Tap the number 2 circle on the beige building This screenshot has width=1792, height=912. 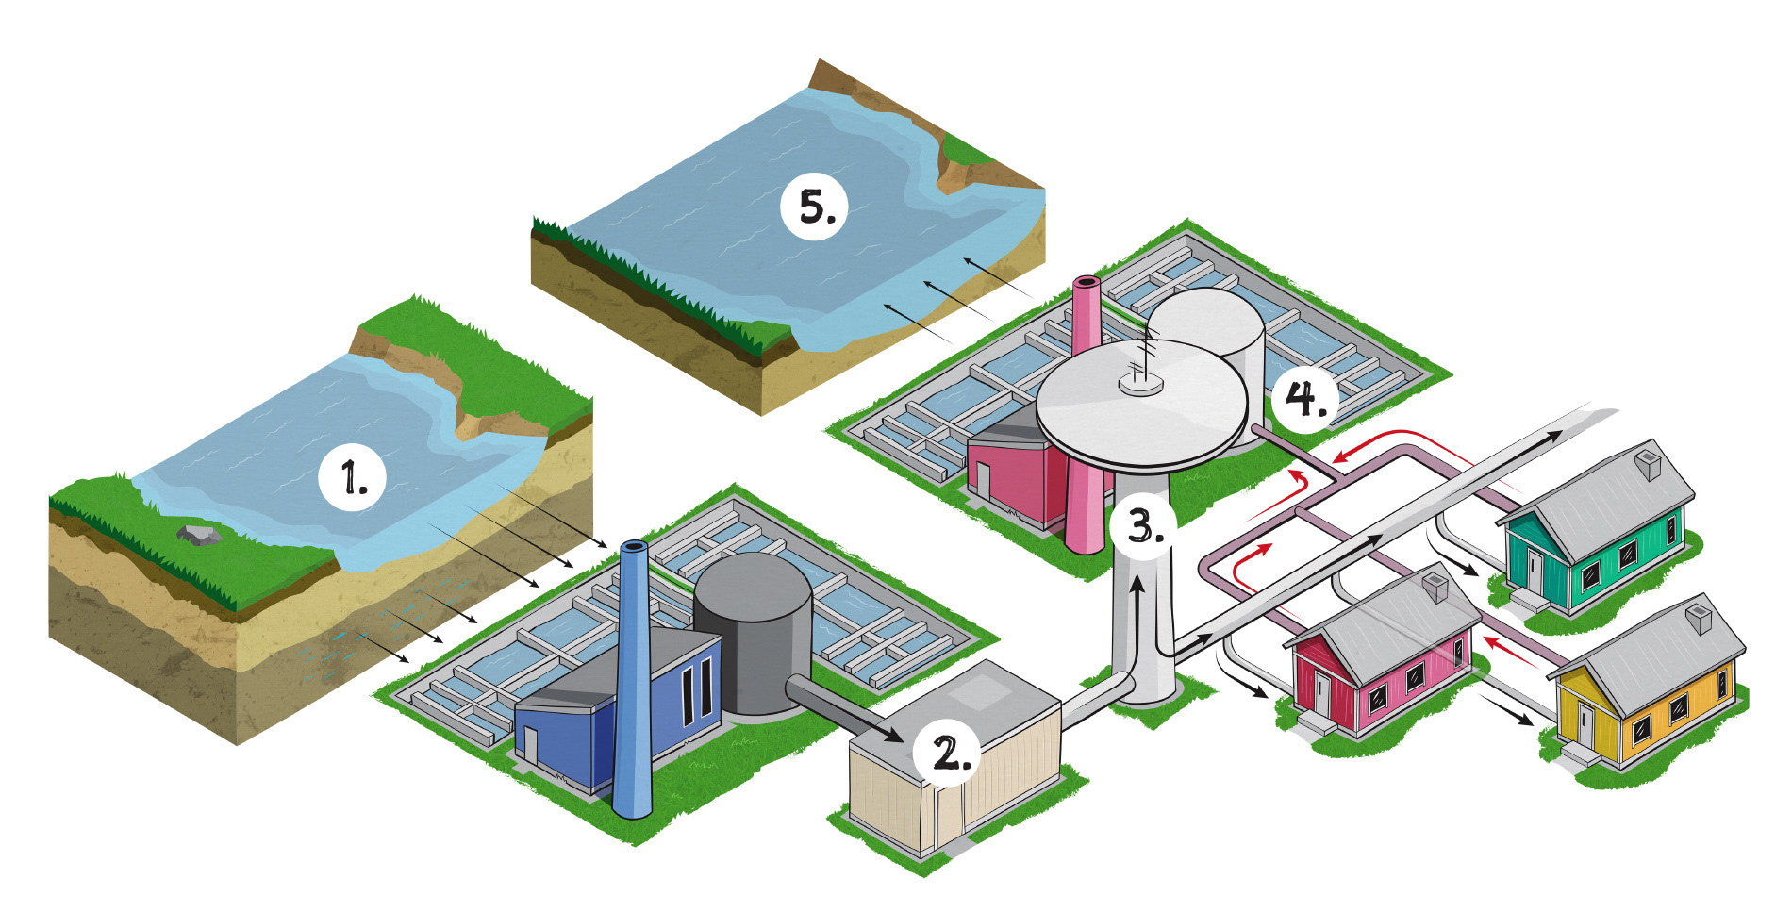[949, 752]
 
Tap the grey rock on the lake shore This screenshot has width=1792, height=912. [199, 536]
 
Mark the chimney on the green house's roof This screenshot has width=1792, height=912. [1648, 463]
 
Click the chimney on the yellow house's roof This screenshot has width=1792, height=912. [1697, 618]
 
